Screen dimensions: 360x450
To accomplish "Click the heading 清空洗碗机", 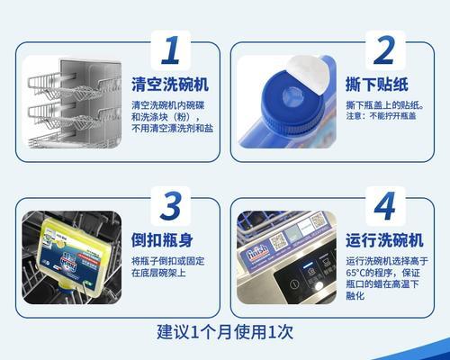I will (169, 85).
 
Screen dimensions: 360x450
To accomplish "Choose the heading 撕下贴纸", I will (374, 85).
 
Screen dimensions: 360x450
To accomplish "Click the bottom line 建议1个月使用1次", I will (225, 330).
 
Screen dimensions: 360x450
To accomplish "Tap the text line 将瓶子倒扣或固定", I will (167, 261).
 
